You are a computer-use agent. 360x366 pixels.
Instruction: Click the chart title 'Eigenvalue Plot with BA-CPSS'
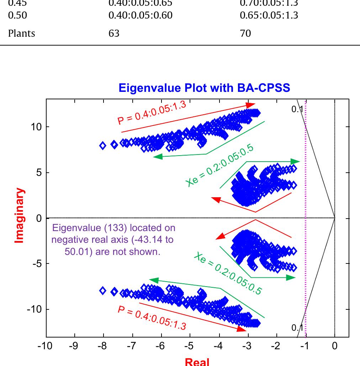204,88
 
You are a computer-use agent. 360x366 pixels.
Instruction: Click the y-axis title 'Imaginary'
20,216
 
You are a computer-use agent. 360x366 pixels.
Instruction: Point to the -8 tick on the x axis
102,346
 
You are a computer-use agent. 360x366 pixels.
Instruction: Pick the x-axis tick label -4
218,346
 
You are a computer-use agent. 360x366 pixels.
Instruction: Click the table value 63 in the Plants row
114,33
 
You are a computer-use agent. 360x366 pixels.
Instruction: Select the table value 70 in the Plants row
245,33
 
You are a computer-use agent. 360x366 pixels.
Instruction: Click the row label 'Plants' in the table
22,33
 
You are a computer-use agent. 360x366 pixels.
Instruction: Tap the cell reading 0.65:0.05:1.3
269,15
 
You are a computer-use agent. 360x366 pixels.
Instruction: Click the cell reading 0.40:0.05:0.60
140,15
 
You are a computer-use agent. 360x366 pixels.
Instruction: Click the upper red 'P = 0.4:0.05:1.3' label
152,113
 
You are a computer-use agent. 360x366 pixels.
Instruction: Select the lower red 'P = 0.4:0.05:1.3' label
152,318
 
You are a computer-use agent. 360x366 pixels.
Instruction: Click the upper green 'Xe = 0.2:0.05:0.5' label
219,165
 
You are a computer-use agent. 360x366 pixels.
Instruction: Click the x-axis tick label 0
334,346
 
